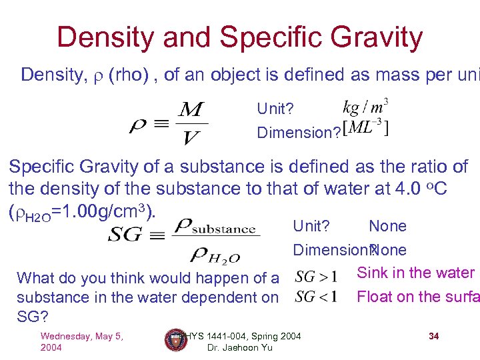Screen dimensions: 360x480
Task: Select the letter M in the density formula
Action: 192,109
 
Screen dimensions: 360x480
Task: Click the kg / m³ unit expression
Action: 365,107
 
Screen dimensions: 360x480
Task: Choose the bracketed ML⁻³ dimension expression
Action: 365,129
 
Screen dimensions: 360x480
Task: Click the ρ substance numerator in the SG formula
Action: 214,227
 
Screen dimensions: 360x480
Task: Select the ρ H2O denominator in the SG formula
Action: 215,254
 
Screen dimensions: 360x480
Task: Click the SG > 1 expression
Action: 316,276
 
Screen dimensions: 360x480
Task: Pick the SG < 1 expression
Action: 316,296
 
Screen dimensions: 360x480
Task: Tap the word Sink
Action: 372,273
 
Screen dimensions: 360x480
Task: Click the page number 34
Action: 434,336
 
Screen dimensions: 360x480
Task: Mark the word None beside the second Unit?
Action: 387,226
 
